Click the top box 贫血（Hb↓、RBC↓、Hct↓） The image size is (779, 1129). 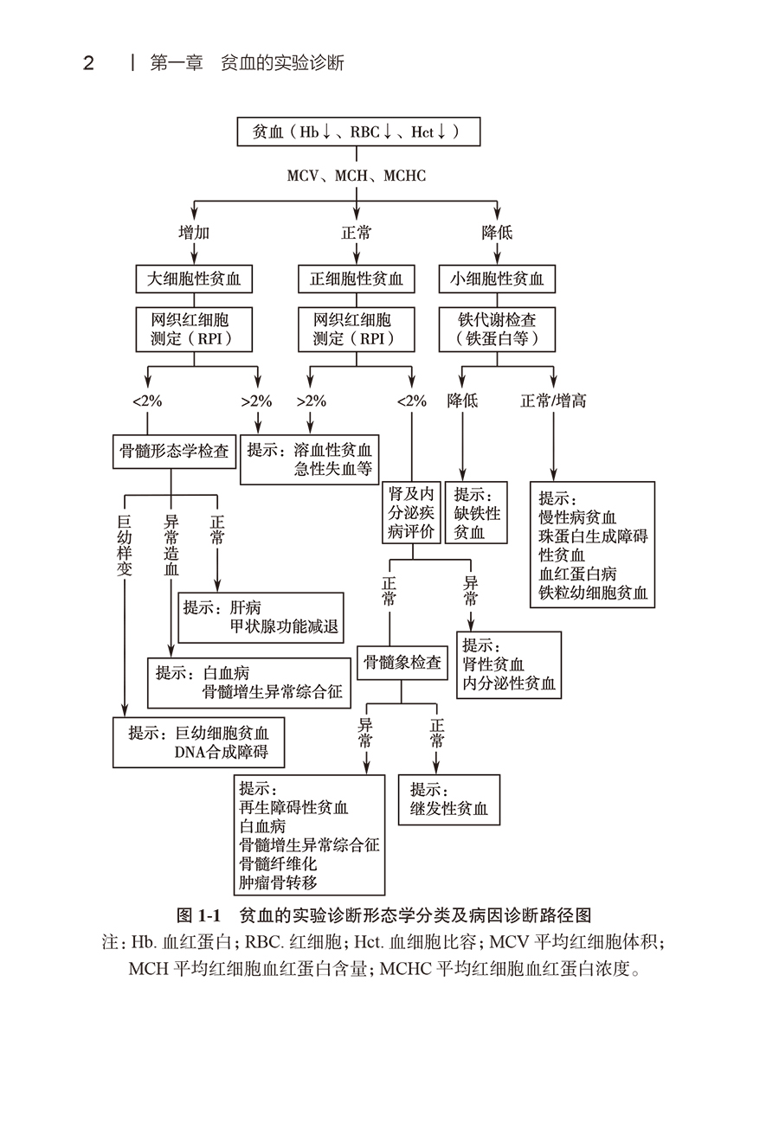point(357,132)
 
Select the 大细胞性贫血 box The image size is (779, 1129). point(194,279)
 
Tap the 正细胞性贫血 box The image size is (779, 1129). point(357,279)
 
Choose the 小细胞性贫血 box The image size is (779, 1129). point(497,279)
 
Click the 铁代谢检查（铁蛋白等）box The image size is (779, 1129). point(497,329)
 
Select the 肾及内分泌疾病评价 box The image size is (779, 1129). point(411,513)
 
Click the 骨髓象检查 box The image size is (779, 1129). point(402,663)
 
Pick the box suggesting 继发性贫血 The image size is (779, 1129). point(449,799)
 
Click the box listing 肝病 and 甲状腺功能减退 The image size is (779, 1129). point(261,617)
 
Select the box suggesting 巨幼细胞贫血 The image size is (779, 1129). point(198,742)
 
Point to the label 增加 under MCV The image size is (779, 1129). point(194,233)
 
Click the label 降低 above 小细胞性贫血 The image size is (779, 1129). point(497,233)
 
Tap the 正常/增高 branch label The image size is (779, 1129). point(553,401)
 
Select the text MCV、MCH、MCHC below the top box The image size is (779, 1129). point(357,176)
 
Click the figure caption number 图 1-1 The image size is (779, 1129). point(199,915)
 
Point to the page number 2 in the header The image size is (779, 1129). point(88,63)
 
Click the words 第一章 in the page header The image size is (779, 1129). point(177,63)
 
